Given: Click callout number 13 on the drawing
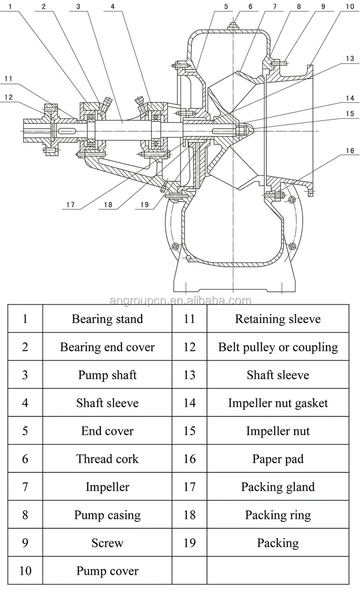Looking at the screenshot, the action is [x=350, y=59].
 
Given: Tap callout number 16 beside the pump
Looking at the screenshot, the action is [x=350, y=151].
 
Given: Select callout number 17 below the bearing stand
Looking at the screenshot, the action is [x=71, y=205].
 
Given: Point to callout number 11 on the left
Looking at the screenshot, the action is [x=8, y=79].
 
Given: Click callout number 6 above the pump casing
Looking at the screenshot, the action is [x=251, y=7].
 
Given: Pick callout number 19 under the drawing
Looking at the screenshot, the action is [x=144, y=205].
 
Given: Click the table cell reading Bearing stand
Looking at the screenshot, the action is [x=107, y=319].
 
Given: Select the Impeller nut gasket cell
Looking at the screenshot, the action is [x=278, y=403].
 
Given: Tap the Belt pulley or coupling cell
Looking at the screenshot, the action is [x=278, y=347].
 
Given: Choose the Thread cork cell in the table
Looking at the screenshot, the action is [x=107, y=459].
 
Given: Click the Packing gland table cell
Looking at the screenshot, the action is [x=278, y=487].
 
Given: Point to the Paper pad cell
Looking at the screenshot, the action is [x=278, y=459].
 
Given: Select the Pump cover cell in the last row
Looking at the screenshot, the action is [x=107, y=571].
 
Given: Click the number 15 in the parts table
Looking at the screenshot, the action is [x=190, y=431].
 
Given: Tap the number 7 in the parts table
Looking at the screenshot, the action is [x=25, y=487].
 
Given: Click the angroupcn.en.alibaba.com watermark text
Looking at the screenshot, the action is [x=180, y=301].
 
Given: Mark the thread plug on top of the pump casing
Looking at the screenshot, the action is [x=233, y=27].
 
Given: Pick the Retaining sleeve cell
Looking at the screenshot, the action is [x=278, y=319].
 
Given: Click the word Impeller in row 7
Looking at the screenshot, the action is [x=107, y=487].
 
